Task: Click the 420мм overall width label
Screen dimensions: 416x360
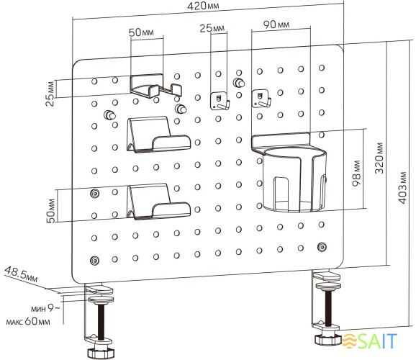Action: [203, 6]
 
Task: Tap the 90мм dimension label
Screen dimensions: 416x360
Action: [276, 24]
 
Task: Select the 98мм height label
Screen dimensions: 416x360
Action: [357, 173]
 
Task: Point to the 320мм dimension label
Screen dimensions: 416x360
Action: [379, 158]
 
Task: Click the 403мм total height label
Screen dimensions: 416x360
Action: [402, 188]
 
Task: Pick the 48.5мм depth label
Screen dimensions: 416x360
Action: [21, 274]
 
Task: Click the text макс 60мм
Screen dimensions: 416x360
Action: [28, 321]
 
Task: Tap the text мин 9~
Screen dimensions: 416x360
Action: [45, 308]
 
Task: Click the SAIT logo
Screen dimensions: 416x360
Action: [369, 341]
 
